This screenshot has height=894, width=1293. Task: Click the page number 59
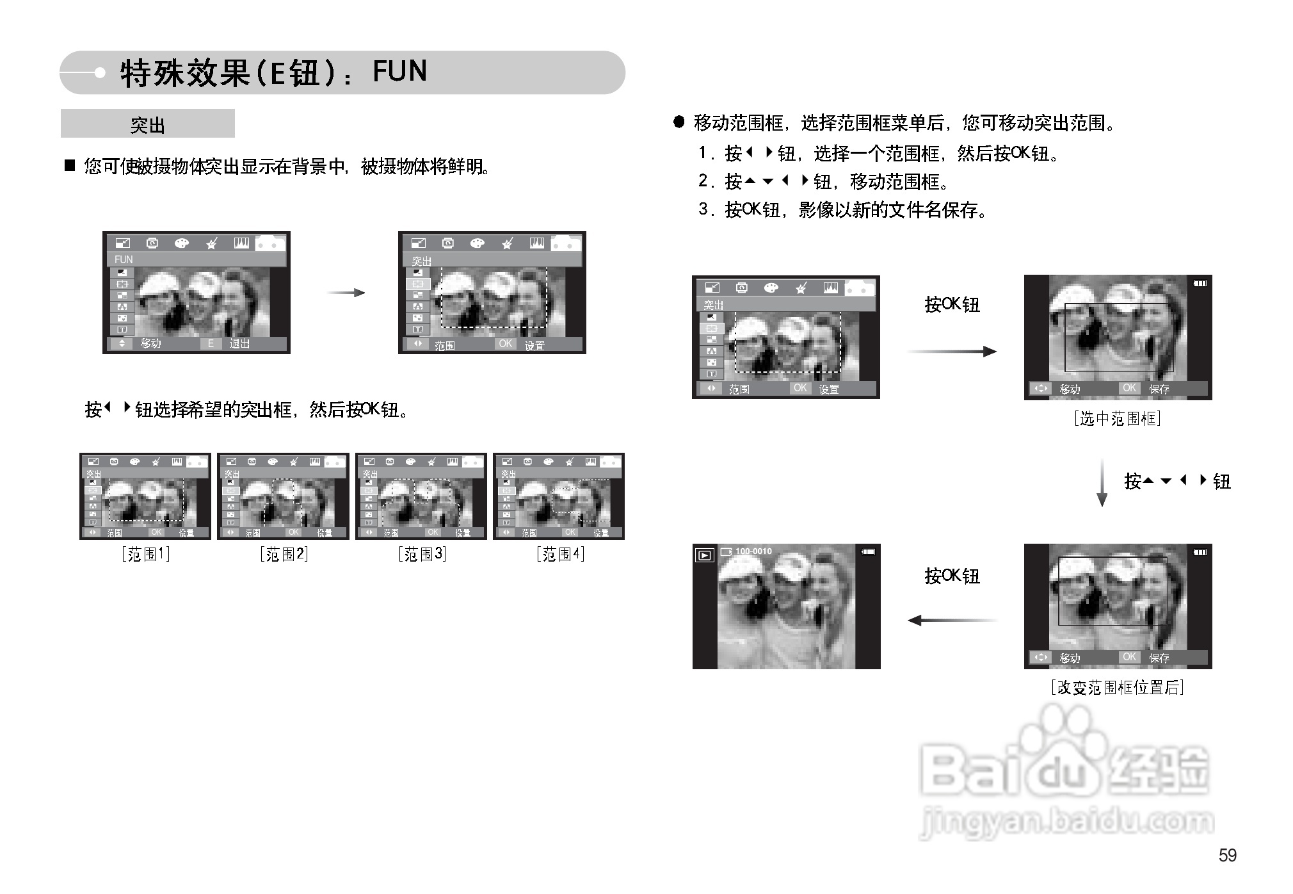[1227, 855]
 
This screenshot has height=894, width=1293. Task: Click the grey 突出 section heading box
[148, 124]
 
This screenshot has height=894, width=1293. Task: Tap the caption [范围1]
[146, 554]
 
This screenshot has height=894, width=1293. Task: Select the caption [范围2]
[284, 554]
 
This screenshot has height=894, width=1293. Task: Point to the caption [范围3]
[422, 554]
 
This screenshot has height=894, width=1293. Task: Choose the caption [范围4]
[561, 554]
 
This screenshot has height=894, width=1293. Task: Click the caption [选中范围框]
[1117, 419]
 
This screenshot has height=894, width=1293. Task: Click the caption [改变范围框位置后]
[1117, 687]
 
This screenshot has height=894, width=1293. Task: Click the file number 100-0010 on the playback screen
[753, 551]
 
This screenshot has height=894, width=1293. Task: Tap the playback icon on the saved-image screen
[704, 555]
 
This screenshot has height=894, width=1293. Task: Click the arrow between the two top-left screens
[346, 293]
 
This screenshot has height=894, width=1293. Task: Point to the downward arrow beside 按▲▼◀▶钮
[1102, 482]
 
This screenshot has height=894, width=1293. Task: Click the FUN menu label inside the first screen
[124, 259]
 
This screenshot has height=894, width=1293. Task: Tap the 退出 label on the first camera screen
[239, 344]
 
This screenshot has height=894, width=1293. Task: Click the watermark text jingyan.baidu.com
[1066, 822]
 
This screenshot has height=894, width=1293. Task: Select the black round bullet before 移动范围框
[679, 122]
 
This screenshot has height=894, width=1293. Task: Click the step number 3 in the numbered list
[703, 209]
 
